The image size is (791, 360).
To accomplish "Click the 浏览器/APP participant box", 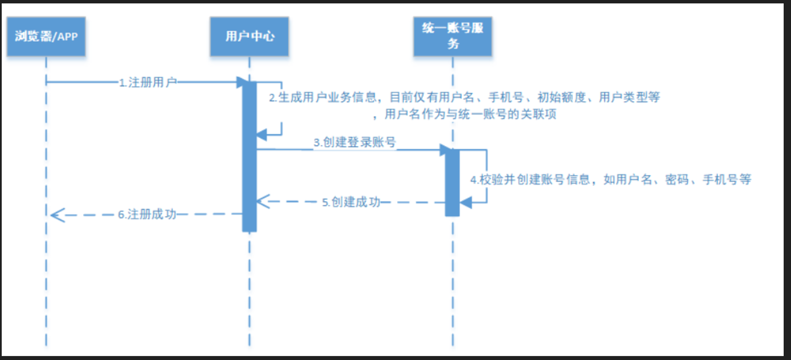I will [x=46, y=37].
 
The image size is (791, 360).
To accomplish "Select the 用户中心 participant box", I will [x=249, y=37].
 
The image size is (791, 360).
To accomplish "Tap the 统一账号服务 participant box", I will [x=453, y=37].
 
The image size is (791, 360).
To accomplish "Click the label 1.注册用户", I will [x=148, y=82].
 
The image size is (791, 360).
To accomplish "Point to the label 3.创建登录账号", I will [x=354, y=143].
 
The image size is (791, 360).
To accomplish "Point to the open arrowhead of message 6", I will [x=56, y=214].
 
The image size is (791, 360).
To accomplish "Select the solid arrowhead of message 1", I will [x=242, y=82].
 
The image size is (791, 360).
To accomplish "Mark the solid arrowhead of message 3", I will [x=445, y=149].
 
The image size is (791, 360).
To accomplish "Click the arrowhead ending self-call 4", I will [x=466, y=203].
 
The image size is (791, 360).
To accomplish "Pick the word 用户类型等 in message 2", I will [x=629, y=97].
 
